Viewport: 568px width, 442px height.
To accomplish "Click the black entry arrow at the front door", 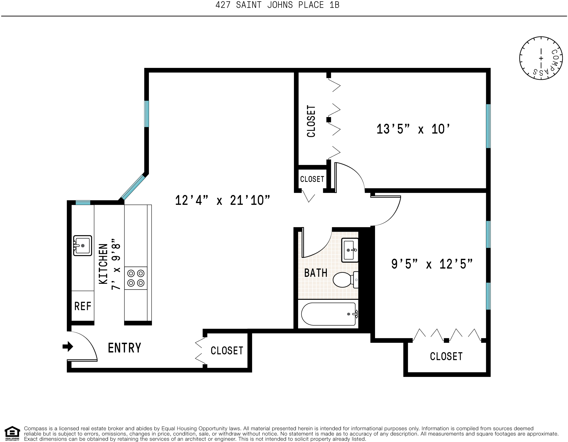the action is click(x=68, y=346).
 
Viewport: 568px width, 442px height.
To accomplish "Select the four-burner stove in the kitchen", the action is click(x=136, y=278).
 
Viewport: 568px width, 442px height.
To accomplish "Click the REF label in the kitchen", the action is click(x=83, y=306).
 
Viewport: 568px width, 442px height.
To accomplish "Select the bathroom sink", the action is click(x=350, y=250).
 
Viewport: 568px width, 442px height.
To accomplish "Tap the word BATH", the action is click(x=316, y=273).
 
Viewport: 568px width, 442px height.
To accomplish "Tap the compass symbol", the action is click(x=541, y=58).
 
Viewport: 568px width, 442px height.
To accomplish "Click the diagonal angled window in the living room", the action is click(x=133, y=187).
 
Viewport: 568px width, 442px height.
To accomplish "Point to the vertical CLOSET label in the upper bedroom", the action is click(x=311, y=121).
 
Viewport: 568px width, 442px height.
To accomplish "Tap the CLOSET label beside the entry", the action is click(x=227, y=351).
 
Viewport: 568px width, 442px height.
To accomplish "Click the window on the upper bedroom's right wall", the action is click(x=488, y=126).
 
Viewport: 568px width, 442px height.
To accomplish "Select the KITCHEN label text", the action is click(x=103, y=264).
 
